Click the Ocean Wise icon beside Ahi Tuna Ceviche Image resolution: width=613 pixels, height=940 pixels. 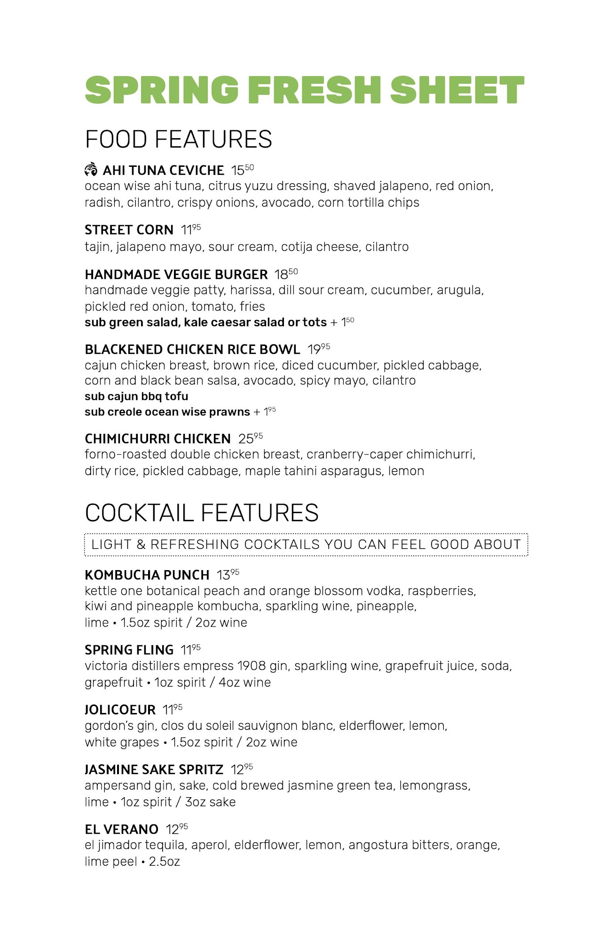point(91,169)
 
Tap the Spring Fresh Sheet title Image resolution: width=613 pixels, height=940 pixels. point(304,90)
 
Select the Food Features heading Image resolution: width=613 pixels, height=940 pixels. point(178,139)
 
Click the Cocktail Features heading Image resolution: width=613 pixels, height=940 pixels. point(202,513)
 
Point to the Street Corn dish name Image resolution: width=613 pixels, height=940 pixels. point(129,230)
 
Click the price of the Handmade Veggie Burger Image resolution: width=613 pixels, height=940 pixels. point(286,274)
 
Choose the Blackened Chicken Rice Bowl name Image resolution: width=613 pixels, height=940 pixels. point(192,350)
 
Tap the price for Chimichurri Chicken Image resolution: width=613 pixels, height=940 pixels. point(250,439)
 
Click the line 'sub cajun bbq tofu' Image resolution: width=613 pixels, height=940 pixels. point(136,396)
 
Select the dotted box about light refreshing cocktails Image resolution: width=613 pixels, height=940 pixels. point(306,545)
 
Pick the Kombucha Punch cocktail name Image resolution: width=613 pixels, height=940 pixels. point(147,575)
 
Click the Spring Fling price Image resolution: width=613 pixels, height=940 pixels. point(190,650)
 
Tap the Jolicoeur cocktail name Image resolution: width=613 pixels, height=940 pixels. point(120,709)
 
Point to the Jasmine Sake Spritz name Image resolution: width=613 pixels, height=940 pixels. point(154,769)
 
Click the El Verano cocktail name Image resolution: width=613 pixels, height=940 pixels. point(121,829)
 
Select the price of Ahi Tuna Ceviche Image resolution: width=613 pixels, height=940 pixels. point(242,170)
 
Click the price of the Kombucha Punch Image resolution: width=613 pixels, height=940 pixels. point(228,575)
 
